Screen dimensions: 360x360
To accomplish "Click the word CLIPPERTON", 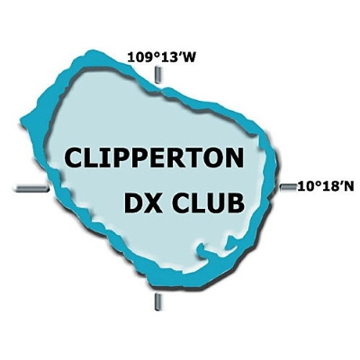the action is [x=153, y=158].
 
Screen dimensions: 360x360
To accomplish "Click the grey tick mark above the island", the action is [x=157, y=75].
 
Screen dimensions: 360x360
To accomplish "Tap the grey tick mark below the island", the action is [x=157, y=302].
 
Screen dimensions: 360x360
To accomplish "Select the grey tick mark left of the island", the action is [x=31, y=188].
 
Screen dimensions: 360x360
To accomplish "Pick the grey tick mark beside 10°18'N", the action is [x=288, y=187].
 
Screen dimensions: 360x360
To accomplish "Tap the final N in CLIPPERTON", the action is [x=234, y=158].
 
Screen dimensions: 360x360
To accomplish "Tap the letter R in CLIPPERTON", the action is [x=178, y=158].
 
